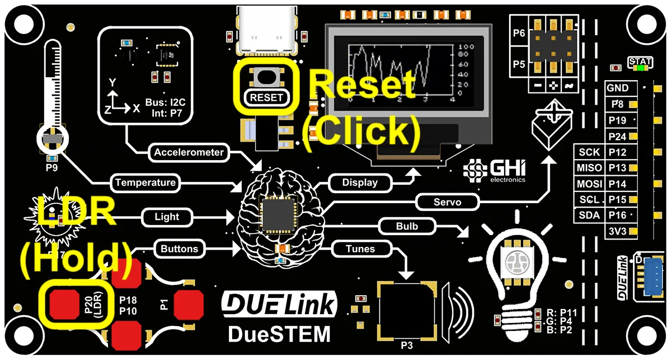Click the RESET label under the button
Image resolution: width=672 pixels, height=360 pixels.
(x=267, y=97)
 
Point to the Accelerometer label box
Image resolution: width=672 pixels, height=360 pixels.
(x=189, y=152)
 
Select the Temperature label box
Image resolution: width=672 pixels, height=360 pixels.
(x=145, y=183)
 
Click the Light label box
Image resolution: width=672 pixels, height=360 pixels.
(x=167, y=217)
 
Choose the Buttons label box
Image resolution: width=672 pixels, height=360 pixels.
(x=179, y=248)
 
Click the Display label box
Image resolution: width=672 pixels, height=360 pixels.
(x=359, y=183)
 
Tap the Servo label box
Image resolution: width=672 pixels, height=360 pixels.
(x=447, y=202)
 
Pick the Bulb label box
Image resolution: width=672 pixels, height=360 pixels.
(x=407, y=227)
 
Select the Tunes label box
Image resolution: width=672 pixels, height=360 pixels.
(x=360, y=248)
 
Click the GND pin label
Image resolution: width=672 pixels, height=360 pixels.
(x=618, y=88)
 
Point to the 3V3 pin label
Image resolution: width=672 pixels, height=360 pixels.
(x=618, y=231)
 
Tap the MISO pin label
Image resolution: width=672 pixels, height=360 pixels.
(x=589, y=168)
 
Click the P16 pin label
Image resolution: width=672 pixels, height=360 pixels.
(x=618, y=216)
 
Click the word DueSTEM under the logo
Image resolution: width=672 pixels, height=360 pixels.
(x=279, y=334)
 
